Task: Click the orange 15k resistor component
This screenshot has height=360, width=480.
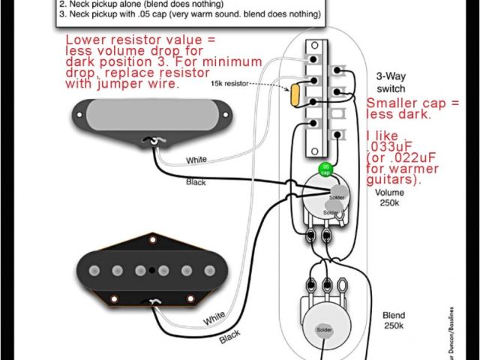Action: pyautogui.click(x=295, y=95)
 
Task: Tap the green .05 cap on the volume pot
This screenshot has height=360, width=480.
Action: pyautogui.click(x=325, y=168)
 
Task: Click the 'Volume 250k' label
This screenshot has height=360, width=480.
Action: pyautogui.click(x=388, y=196)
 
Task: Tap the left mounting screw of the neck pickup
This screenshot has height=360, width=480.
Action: pyautogui.click(x=79, y=114)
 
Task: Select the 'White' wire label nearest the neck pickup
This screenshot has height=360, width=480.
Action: pyautogui.click(x=196, y=160)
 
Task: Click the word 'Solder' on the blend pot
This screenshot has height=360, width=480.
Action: pyautogui.click(x=325, y=330)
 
